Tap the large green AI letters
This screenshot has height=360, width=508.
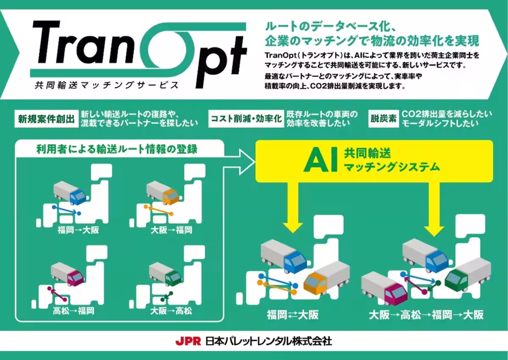pos(320,160)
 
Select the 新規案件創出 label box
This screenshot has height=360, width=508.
pos(47,119)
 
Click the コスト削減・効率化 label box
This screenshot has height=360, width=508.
pos(246,119)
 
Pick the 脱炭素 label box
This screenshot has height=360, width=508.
pos(384,119)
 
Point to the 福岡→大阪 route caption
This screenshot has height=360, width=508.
pos(78,230)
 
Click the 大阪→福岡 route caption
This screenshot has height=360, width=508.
pos(171,230)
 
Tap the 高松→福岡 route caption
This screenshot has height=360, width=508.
pos(74,310)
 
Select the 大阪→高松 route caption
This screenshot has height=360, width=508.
pos(171,310)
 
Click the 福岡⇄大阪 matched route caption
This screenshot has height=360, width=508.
pos(293,315)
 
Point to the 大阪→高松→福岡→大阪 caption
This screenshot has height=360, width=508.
pos(426,315)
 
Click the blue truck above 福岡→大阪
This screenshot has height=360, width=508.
pos(69,193)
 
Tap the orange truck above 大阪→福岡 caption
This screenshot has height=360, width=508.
pos(163,193)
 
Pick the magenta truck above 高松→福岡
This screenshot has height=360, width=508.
pos(67,274)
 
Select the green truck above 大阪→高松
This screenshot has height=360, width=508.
pos(166,274)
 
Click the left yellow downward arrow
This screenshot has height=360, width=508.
pos(293,207)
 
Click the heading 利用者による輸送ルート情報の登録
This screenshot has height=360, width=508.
pos(117,149)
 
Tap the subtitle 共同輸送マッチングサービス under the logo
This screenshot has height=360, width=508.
pos(107,85)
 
